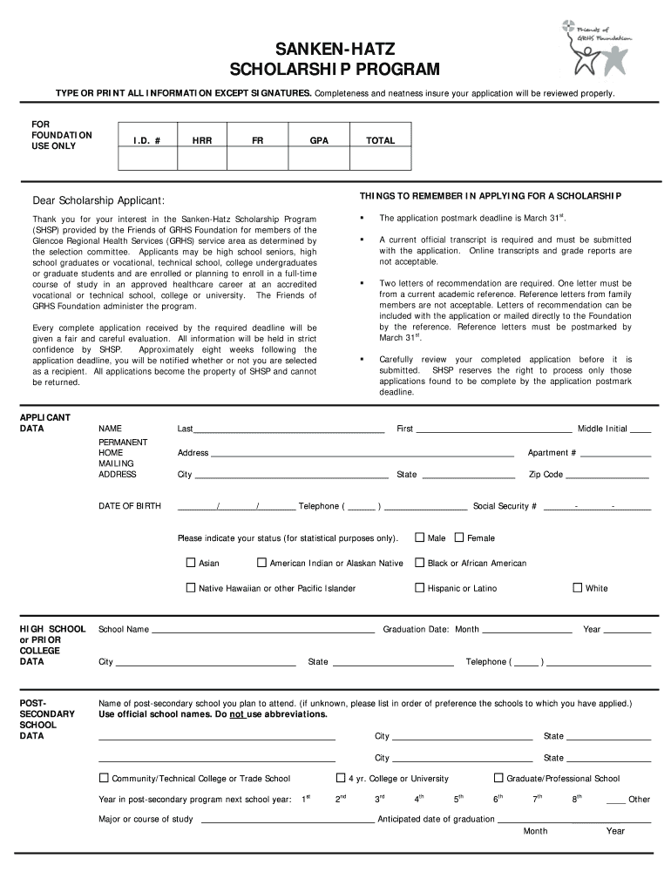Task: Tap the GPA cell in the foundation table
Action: (319, 140)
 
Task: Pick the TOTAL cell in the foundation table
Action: (380, 140)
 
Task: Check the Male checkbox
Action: (420, 537)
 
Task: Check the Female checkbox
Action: (460, 537)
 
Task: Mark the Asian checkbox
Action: (191, 563)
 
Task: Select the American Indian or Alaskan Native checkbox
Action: (261, 563)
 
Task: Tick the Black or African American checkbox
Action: (420, 563)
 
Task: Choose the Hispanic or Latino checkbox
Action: (420, 588)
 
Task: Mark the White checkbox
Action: (577, 587)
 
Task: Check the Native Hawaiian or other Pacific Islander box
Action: (191, 588)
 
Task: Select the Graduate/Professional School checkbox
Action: (499, 778)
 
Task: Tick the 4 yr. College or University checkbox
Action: (341, 778)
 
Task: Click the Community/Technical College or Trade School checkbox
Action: (105, 778)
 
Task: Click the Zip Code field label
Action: (546, 475)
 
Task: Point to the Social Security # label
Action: (505, 506)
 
